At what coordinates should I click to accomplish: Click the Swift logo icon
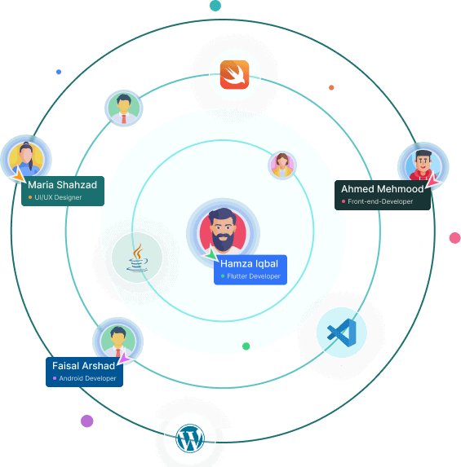[234, 74]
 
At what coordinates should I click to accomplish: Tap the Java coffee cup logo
[137, 258]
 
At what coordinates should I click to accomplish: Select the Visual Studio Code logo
[342, 333]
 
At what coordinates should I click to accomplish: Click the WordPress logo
[190, 438]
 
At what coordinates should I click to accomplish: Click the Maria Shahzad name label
[63, 191]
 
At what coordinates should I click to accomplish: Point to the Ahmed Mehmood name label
[383, 195]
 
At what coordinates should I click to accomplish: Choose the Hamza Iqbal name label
[250, 270]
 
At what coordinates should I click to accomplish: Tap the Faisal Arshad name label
[84, 372]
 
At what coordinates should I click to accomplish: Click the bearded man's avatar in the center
[223, 231]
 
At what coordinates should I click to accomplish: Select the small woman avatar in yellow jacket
[281, 165]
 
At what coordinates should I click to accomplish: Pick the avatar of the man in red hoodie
[423, 166]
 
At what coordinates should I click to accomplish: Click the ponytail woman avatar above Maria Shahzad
[26, 160]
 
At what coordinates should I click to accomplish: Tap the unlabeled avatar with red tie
[124, 108]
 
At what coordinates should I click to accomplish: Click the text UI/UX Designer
[58, 197]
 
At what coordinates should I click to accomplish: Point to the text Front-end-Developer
[380, 201]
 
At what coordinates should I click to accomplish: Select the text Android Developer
[87, 378]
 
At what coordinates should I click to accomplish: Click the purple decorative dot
[87, 421]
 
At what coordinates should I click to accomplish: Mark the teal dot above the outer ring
[215, 6]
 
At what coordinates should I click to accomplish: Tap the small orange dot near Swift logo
[331, 87]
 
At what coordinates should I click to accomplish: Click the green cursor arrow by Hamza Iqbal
[211, 253]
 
